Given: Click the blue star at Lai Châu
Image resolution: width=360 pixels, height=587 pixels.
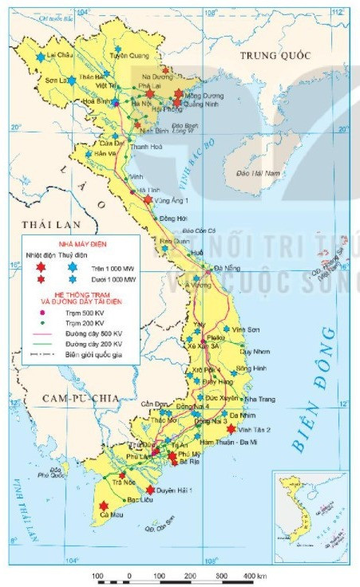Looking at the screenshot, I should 40,57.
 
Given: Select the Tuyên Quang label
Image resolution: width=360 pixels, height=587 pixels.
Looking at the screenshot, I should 129,56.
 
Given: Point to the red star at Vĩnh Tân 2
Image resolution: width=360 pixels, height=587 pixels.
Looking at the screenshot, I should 231,428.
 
